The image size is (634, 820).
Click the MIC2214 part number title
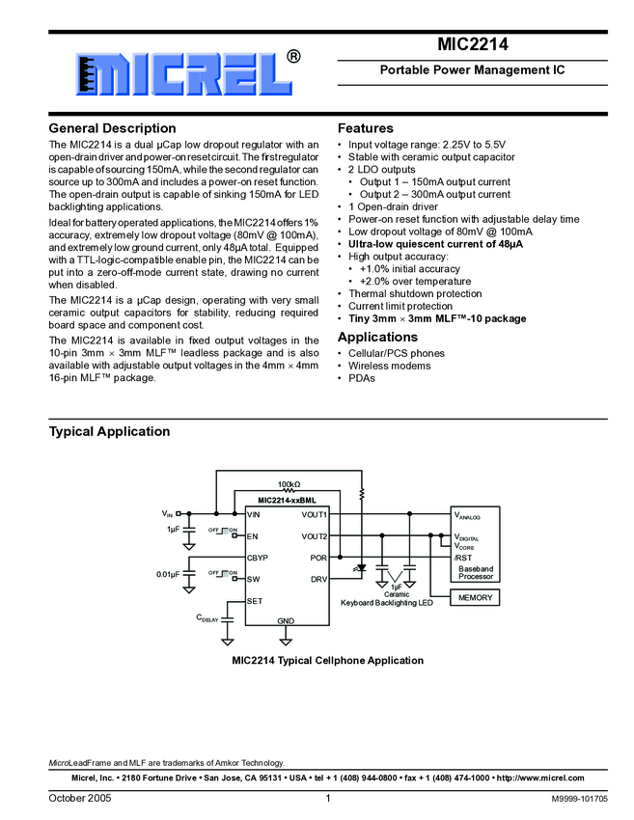click(x=472, y=44)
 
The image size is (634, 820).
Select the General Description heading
click(x=112, y=128)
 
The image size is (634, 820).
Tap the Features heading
click(x=366, y=128)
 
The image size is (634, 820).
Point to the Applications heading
click(x=377, y=337)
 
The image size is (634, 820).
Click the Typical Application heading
click(x=109, y=431)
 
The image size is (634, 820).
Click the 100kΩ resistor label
click(x=289, y=484)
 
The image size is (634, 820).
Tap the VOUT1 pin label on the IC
click(x=314, y=514)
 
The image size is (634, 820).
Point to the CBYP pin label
click(x=257, y=558)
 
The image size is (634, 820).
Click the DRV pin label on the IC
click(x=318, y=580)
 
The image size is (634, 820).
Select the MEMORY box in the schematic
click(x=475, y=598)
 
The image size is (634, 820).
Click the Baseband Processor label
click(x=476, y=573)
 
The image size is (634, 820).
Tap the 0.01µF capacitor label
click(x=168, y=575)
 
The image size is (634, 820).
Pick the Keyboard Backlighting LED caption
click(x=387, y=603)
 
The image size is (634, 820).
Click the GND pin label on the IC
click(x=286, y=620)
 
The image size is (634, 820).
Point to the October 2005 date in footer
click(x=80, y=799)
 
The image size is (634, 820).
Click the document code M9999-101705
click(x=579, y=800)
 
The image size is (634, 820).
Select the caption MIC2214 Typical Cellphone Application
click(x=327, y=661)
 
